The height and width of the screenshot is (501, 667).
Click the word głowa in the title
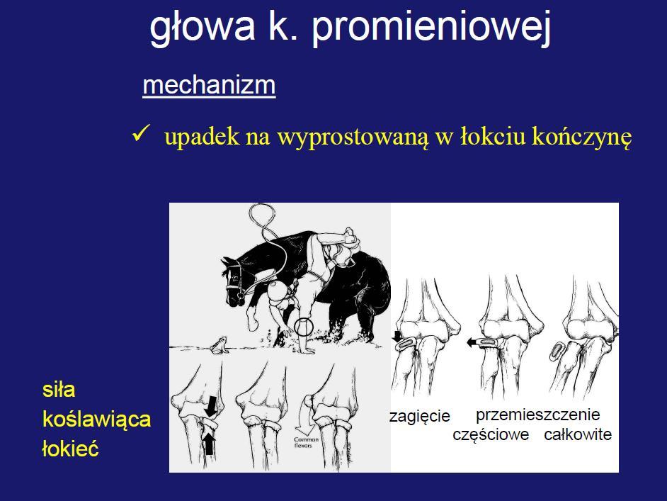click(x=203, y=27)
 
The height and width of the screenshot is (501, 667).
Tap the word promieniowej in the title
click(x=431, y=27)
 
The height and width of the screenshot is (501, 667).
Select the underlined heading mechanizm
click(x=209, y=85)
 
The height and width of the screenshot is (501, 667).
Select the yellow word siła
click(x=59, y=390)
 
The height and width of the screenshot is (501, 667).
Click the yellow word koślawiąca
click(x=96, y=420)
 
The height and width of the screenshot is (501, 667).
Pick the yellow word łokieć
click(x=71, y=449)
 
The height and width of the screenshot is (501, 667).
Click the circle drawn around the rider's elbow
click(x=304, y=318)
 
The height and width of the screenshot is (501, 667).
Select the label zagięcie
click(x=420, y=415)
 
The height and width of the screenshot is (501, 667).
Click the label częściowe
click(x=491, y=434)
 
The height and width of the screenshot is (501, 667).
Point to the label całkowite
click(x=578, y=434)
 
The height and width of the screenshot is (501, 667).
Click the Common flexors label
click(x=307, y=442)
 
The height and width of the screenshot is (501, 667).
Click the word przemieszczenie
click(x=537, y=415)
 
